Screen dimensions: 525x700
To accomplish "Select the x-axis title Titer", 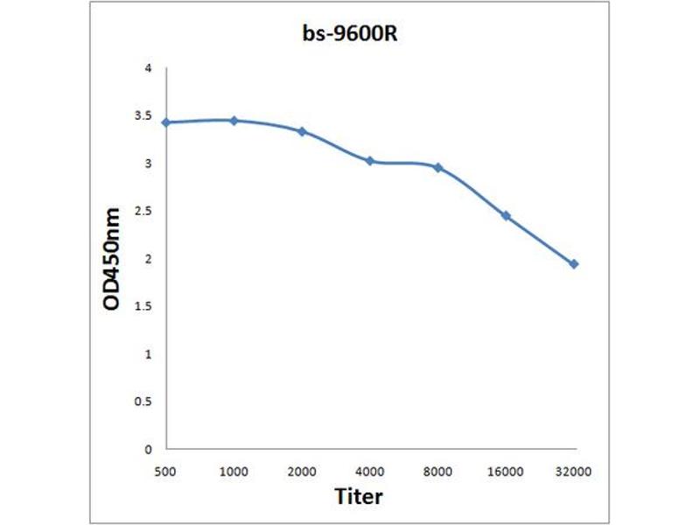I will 359,496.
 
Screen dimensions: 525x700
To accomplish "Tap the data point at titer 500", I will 166,122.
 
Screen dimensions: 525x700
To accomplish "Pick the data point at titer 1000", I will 234,120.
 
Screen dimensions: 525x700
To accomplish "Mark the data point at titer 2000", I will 302,131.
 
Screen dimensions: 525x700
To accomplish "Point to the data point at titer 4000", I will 370,161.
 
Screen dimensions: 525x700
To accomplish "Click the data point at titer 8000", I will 437,167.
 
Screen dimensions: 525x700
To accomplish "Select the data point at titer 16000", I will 506,215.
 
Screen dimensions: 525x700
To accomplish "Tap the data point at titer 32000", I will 574,263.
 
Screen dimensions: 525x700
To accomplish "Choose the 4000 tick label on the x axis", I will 370,472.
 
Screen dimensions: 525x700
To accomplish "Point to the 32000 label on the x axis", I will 574,472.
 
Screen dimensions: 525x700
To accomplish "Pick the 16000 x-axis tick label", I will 506,472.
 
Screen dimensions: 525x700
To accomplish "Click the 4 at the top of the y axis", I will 149,68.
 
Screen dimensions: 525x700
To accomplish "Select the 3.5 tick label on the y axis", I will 143,115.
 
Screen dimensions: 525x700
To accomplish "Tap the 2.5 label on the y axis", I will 143,211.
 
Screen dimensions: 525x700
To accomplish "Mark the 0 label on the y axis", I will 149,449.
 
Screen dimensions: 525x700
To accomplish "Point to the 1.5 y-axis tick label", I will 143,306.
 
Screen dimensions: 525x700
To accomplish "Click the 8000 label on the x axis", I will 437,472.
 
